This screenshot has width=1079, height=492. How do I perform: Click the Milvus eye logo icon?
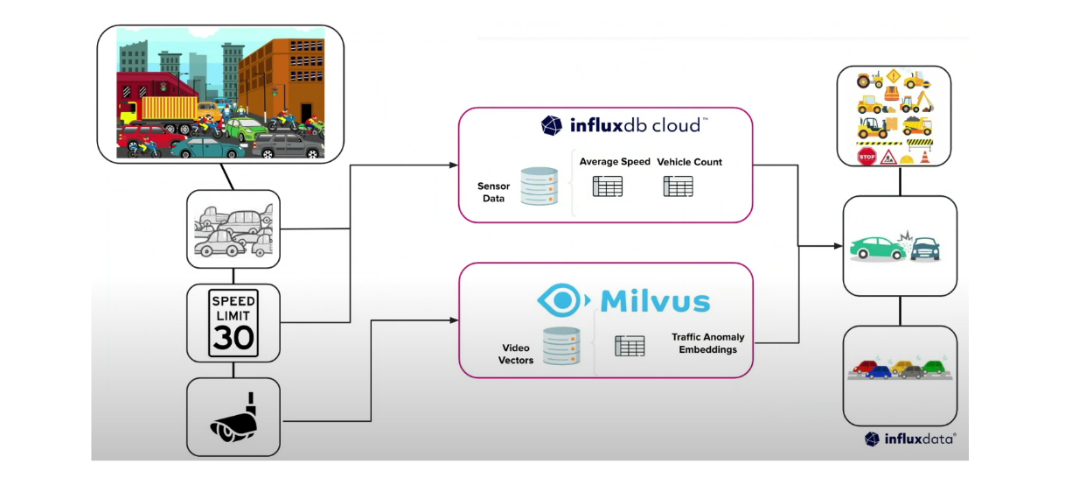[x=562, y=300]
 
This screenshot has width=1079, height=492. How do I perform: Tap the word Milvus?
[x=655, y=301]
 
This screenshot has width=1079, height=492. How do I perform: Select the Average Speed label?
[x=615, y=162]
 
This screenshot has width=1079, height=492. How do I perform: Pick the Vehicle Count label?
[x=689, y=162]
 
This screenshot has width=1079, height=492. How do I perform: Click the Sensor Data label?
[x=493, y=193]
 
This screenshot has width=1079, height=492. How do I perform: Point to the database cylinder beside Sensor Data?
[x=539, y=186]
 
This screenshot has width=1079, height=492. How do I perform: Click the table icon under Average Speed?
[x=607, y=186]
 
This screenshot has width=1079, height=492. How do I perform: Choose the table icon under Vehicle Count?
[x=678, y=186]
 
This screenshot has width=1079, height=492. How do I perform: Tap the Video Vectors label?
[x=515, y=354]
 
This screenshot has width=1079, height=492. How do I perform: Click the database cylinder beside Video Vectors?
[x=561, y=346]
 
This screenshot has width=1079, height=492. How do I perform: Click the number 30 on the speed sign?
[x=233, y=336]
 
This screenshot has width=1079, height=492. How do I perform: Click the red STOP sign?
[x=867, y=157]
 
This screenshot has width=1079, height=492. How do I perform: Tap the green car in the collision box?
[x=878, y=249]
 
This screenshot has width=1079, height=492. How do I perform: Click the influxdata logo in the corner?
[x=909, y=439]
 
